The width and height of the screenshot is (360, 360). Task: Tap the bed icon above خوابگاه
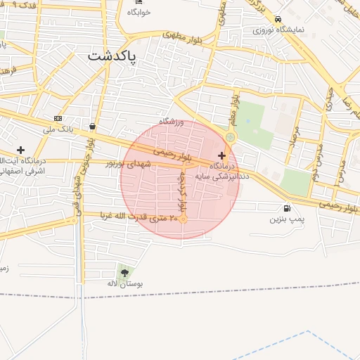click(x=139, y=2)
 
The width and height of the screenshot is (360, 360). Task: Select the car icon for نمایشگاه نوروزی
click(x=278, y=19)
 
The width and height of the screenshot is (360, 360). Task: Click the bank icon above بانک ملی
click(x=58, y=118)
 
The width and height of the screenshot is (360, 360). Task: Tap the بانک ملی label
click(x=58, y=129)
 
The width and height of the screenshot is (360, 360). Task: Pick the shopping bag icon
click(x=93, y=127)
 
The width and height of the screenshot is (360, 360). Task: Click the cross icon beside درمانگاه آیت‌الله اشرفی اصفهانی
click(x=20, y=150)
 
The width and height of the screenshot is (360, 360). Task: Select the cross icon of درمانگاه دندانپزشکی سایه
click(x=222, y=155)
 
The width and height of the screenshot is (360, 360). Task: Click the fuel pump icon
click(x=287, y=208)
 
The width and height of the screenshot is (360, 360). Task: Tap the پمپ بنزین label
click(x=287, y=219)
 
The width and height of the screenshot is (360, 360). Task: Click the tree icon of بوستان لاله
click(x=124, y=272)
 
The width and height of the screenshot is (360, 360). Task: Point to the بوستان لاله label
click(x=124, y=283)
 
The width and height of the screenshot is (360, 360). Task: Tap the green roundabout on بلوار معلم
click(x=231, y=136)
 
